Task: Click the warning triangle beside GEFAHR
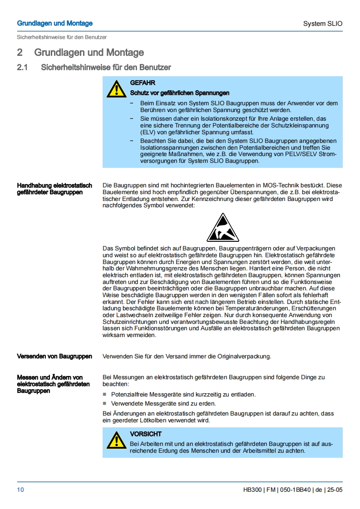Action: pos(117,88)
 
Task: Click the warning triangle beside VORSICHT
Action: pos(117,440)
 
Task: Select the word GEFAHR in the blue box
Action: pos(143,83)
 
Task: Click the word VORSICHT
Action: pos(146,434)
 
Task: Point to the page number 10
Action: pos(20,489)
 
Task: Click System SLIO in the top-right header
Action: pos(323,24)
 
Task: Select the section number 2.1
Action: pos(23,68)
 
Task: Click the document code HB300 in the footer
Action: pos(252,490)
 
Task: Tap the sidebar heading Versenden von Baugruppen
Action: pos(54,356)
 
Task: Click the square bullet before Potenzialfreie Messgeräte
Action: pos(105,395)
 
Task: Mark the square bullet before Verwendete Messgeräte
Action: pos(105,403)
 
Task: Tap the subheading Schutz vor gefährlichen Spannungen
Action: pos(180,93)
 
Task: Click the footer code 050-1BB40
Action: pos(295,490)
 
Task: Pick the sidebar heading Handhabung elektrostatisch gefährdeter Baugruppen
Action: pos(54,189)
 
